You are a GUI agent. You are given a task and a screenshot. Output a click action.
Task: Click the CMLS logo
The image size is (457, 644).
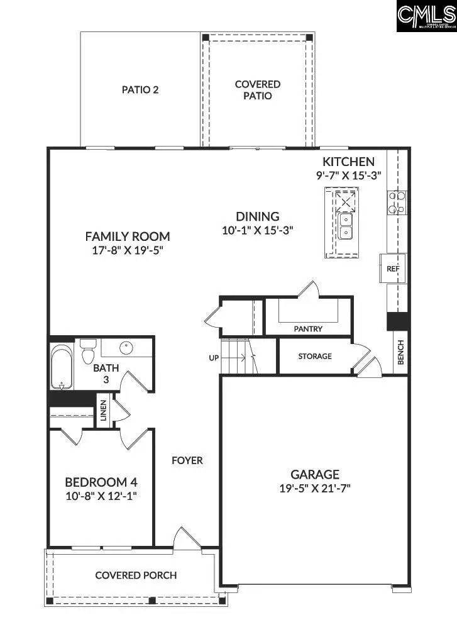tap(426, 16)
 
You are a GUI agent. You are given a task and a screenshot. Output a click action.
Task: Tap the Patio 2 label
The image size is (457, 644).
tap(140, 89)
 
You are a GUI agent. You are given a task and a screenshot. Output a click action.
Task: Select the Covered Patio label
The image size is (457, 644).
tap(258, 90)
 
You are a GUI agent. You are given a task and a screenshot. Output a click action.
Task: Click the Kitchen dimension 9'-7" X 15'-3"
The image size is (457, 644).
tap(348, 175)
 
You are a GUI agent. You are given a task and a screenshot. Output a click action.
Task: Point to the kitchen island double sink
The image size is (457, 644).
tap(345, 226)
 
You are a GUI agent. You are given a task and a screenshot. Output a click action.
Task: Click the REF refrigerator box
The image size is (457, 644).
tap(393, 269)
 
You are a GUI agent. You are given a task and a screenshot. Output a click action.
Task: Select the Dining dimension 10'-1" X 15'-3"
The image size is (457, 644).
tap(258, 230)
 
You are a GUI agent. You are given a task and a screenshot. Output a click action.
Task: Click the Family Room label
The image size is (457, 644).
tap(128, 236)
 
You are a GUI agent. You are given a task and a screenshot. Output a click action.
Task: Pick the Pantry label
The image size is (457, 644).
tap(308, 328)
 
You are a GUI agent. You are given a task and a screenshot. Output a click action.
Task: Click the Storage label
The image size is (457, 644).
tap(315, 356)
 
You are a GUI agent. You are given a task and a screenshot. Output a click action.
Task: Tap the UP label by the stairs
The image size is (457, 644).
tap(214, 358)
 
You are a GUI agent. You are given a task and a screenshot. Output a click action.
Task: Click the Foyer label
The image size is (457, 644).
tap(187, 460)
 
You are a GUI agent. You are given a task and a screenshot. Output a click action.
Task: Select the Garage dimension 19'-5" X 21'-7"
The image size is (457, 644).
tap(315, 488)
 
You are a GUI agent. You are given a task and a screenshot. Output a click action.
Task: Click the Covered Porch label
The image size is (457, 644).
tap(136, 575)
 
